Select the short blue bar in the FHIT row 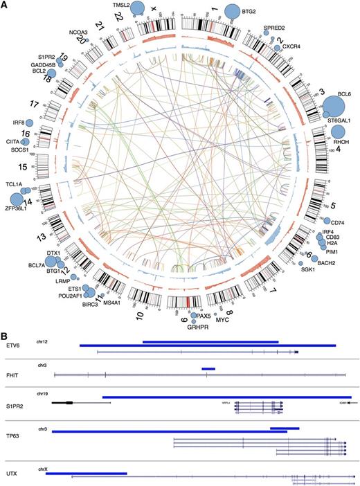[x=208, y=369]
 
